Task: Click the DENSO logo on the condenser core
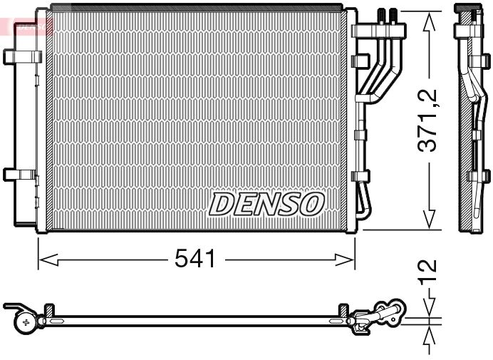(x=266, y=204)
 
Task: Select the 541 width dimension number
(x=194, y=259)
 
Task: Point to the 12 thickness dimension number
(x=427, y=273)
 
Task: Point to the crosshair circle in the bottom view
(x=26, y=322)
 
